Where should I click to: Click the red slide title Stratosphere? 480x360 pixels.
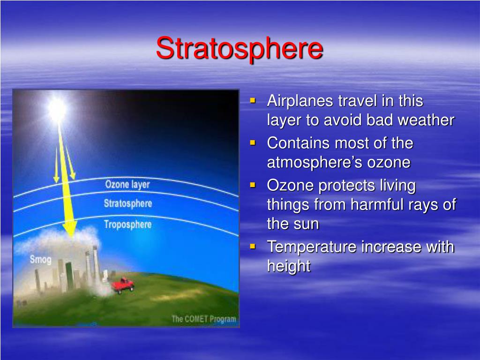pyautogui.click(x=240, y=48)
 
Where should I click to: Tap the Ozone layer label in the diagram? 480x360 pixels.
pyautogui.click(x=127, y=184)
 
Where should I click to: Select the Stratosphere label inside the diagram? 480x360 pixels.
pyautogui.click(x=127, y=203)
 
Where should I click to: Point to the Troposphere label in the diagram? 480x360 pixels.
pyautogui.click(x=127, y=225)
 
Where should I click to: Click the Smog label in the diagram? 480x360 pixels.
pyautogui.click(x=40, y=259)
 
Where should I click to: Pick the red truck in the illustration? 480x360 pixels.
pyautogui.click(x=122, y=285)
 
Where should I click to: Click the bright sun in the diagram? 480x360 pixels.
pyautogui.click(x=57, y=109)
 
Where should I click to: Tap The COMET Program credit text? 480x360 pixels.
pyautogui.click(x=204, y=319)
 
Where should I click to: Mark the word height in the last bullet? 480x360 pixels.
pyautogui.click(x=289, y=266)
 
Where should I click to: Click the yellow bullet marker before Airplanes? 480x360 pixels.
pyautogui.click(x=253, y=100)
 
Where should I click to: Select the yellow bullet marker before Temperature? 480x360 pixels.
pyautogui.click(x=253, y=246)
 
